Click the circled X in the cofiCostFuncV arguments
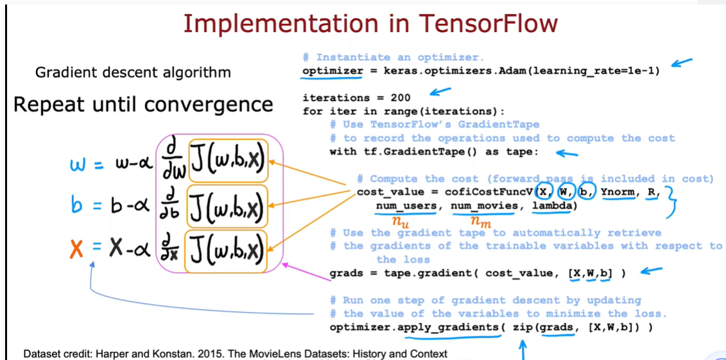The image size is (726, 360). [543, 192]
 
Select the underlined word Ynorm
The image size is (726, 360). [618, 192]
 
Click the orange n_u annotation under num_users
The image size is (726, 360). [401, 223]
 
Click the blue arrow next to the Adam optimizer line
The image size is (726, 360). [682, 62]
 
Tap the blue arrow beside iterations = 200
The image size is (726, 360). [440, 92]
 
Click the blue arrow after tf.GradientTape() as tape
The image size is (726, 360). [567, 153]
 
